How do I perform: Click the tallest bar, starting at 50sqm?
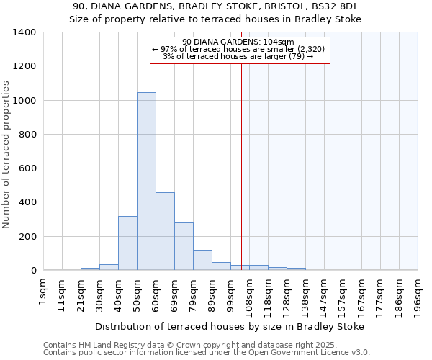click(x=146, y=181)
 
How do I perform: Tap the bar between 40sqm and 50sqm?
click(x=127, y=243)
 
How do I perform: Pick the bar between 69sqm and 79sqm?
click(x=184, y=246)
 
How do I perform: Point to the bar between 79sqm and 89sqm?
click(x=202, y=260)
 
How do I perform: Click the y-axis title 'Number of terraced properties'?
click(x=6, y=155)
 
